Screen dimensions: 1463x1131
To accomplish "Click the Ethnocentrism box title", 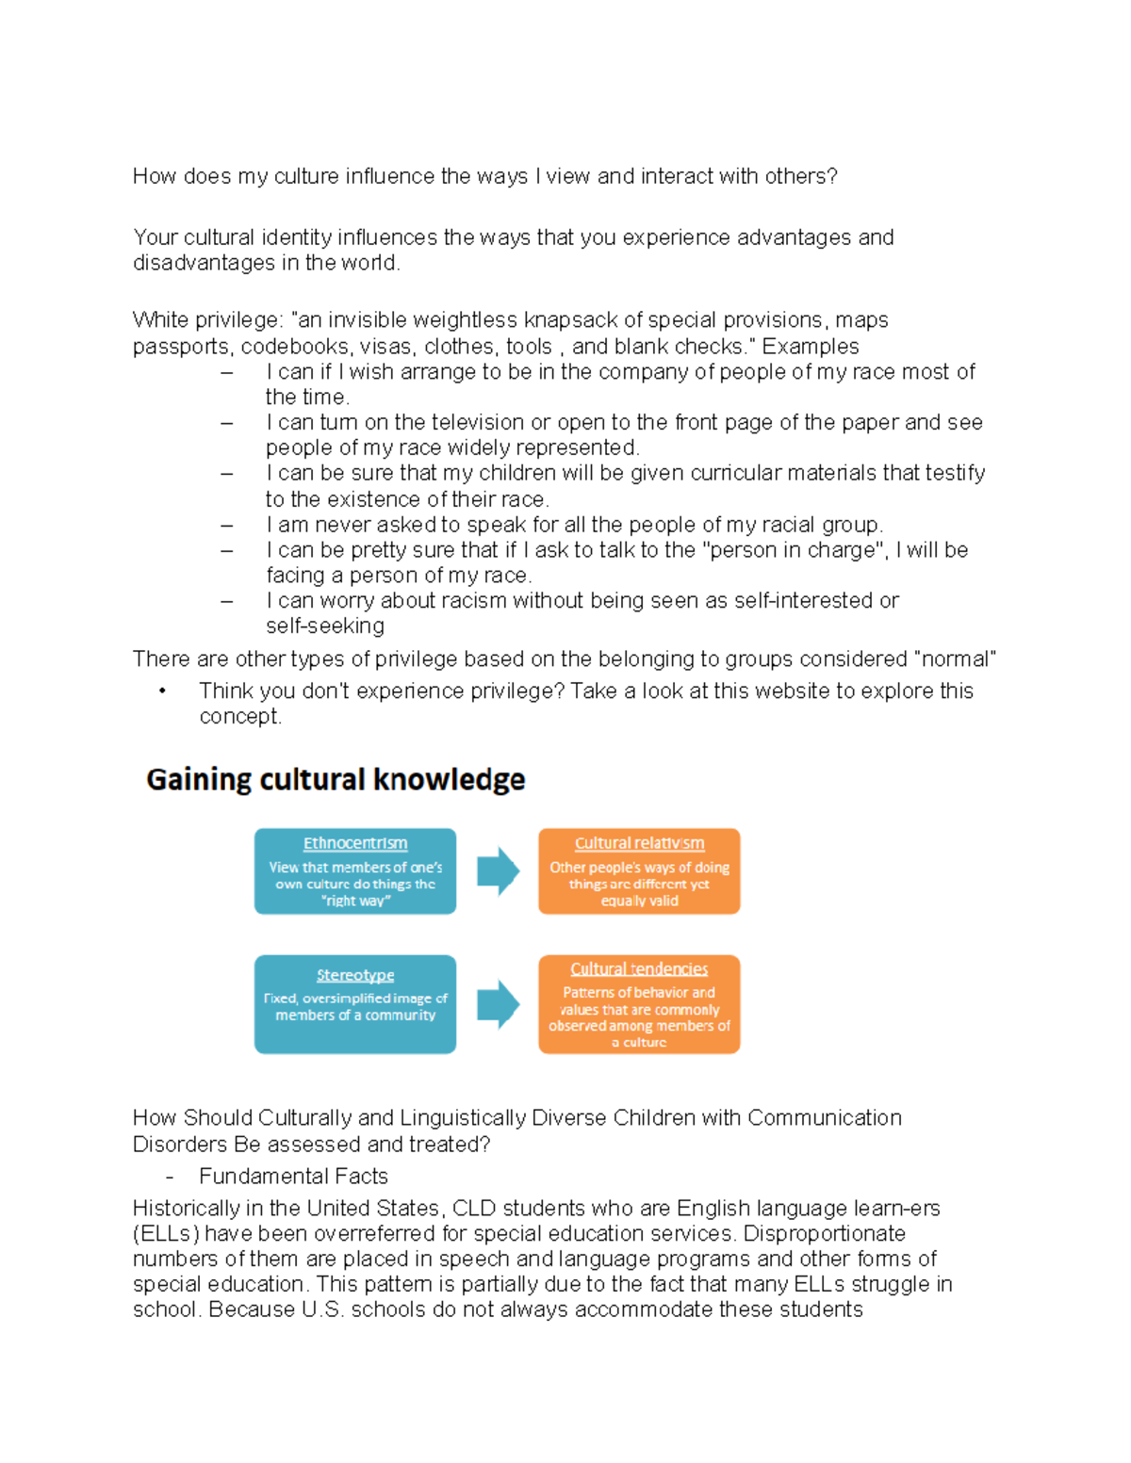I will click(355, 843).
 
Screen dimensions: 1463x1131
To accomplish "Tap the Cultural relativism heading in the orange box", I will click(639, 843).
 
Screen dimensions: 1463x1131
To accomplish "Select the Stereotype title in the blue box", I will click(355, 975).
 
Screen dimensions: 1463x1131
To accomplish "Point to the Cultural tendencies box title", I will click(639, 968).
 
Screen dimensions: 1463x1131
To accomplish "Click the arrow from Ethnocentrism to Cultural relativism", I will click(498, 871).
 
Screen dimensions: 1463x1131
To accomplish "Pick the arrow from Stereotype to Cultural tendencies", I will click(498, 1004).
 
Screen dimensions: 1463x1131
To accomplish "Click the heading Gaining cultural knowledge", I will click(336, 780).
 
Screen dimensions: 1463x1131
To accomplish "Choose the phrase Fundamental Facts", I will click(293, 1176).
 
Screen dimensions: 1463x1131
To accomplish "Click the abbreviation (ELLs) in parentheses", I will click(166, 1234).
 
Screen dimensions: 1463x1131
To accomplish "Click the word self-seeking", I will click(325, 626).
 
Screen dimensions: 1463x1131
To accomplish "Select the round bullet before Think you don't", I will click(162, 691).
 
